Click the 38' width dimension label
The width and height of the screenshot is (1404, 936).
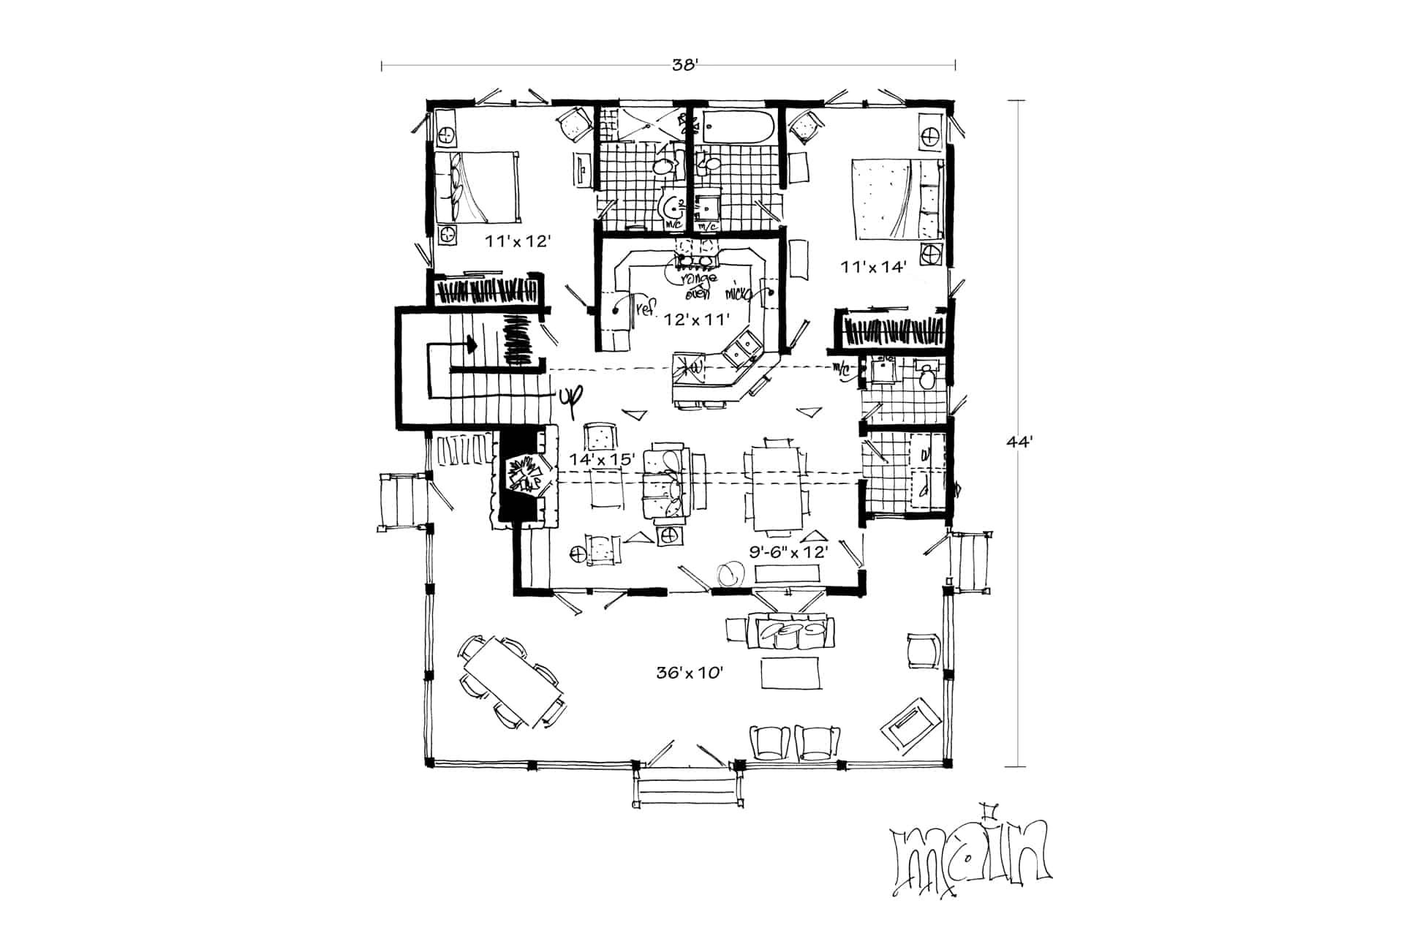tap(686, 65)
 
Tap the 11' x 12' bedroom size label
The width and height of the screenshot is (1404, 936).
tap(517, 241)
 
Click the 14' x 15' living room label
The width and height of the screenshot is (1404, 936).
tap(597, 459)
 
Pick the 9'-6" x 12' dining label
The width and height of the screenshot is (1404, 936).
tap(788, 552)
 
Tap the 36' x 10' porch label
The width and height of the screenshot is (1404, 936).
tap(690, 672)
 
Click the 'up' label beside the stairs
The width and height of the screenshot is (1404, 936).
tap(570, 396)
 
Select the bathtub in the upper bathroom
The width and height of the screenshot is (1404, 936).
tap(737, 129)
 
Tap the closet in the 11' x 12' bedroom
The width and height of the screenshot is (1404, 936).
tap(486, 290)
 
